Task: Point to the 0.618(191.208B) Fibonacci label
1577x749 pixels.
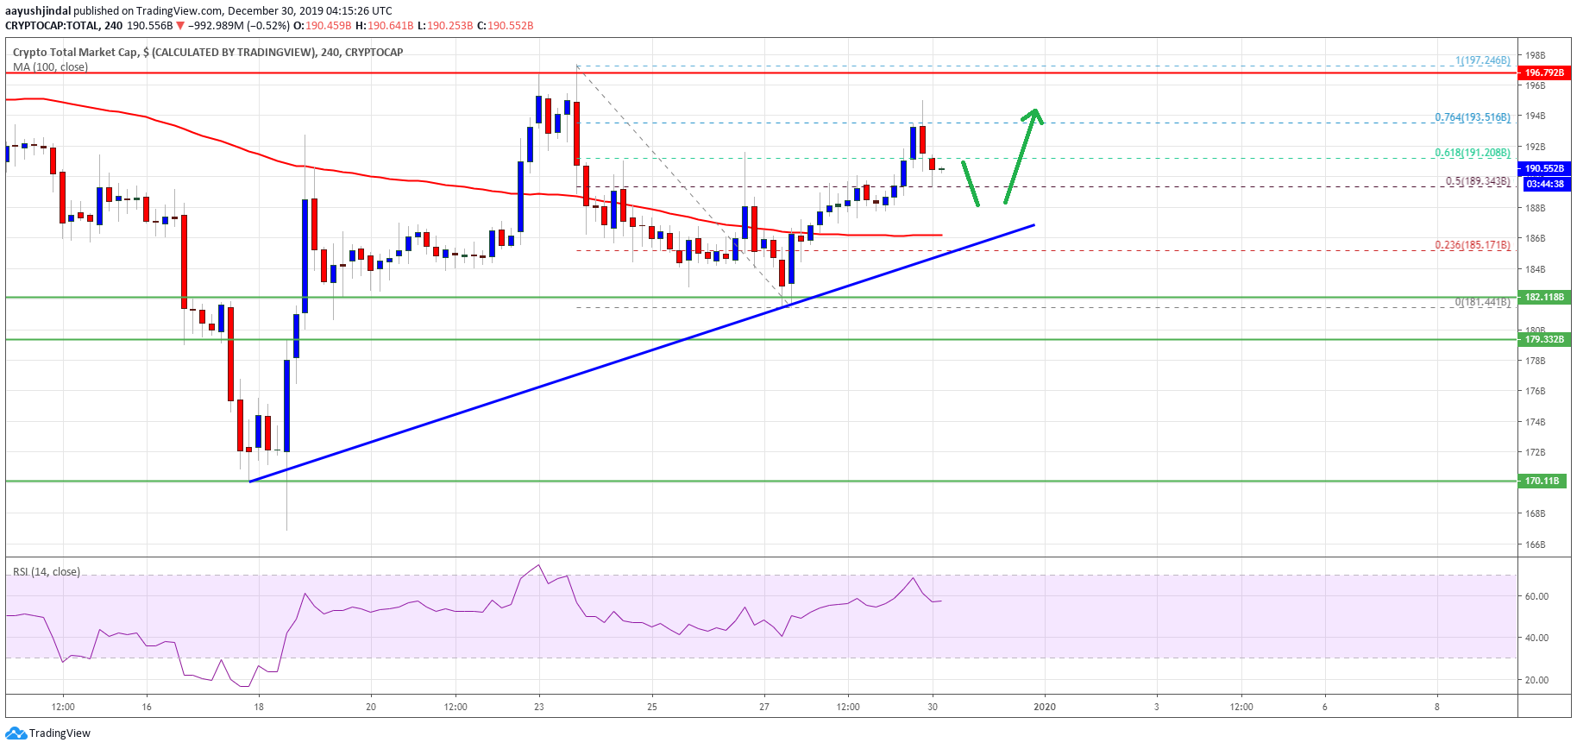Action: click(1472, 153)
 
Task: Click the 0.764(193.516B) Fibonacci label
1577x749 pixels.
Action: click(1472, 117)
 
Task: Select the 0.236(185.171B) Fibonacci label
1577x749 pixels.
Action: click(1472, 245)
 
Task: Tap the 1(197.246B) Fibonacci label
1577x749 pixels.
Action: click(1482, 60)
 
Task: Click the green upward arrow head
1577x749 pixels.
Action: click(1034, 115)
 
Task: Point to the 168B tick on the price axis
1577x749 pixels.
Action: click(1535, 513)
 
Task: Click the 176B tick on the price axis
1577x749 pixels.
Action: click(1535, 391)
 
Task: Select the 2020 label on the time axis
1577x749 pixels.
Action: click(1044, 707)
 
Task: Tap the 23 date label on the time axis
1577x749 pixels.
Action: click(539, 707)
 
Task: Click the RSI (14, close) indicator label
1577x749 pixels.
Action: click(47, 572)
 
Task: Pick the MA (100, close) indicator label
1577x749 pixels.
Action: click(50, 67)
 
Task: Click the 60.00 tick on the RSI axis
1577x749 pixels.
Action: click(1536, 596)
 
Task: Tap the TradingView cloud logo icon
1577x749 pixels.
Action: click(16, 733)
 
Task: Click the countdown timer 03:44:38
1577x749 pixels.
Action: click(1544, 184)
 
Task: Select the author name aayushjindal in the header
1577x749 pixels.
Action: click(38, 11)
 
